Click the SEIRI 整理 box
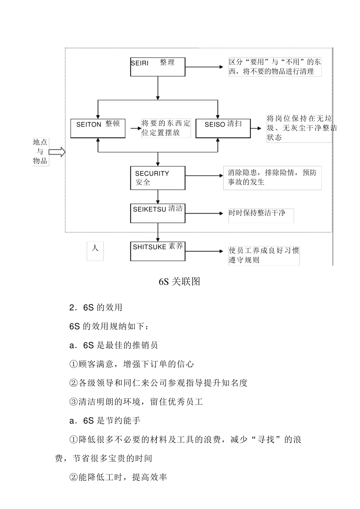158,67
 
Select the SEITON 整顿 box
98,128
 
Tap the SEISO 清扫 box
223,128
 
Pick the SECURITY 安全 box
158,178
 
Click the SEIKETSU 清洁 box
158,213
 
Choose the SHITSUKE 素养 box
158,251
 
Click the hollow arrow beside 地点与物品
57,152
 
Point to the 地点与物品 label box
40,151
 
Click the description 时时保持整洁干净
261,213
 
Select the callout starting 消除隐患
272,177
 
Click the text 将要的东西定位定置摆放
166,128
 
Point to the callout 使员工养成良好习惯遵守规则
264,255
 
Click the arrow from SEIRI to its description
205,67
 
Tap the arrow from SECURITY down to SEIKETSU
158,197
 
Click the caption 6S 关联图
179,281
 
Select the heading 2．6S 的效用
96,307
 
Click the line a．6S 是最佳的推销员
114,345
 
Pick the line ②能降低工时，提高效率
118,477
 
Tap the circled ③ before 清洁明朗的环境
74,402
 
